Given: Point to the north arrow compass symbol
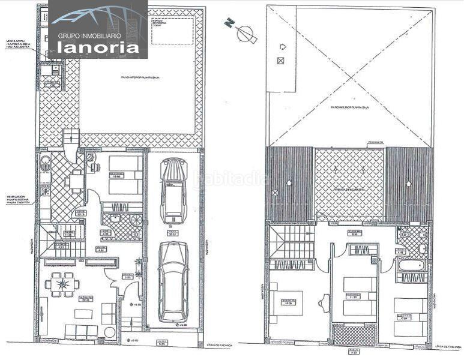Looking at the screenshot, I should pyautogui.click(x=246, y=32).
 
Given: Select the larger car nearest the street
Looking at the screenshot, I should pyautogui.click(x=173, y=281).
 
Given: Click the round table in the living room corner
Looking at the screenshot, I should pyautogui.click(x=110, y=332).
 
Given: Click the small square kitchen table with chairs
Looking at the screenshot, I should pyautogui.click(x=76, y=179).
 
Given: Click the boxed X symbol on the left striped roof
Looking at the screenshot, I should pyautogui.click(x=275, y=193).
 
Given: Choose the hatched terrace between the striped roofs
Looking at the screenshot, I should pyautogui.click(x=349, y=184).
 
